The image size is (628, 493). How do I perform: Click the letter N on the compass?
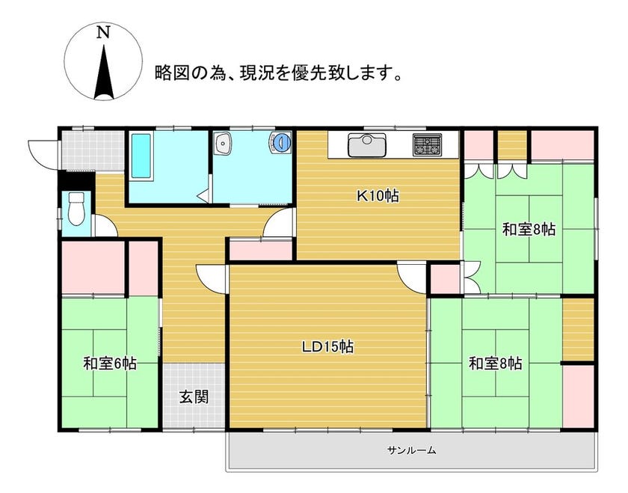[x=103, y=32]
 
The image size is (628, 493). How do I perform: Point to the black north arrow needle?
[x=104, y=72]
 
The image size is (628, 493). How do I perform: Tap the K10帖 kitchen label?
[x=378, y=196]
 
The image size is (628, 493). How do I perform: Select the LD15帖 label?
[x=327, y=346]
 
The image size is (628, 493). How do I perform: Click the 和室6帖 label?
[x=110, y=364]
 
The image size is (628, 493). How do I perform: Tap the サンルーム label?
[x=411, y=450]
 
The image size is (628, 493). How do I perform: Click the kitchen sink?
[x=367, y=145]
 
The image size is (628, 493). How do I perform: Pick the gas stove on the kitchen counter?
[x=427, y=145]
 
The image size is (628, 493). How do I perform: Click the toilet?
[x=76, y=209]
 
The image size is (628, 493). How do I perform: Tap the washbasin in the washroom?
[x=222, y=144]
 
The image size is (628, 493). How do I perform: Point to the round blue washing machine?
[x=282, y=142]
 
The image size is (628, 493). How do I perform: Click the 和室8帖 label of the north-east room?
[x=529, y=230]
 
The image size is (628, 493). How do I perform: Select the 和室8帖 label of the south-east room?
[x=496, y=364]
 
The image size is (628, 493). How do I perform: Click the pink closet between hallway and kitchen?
[x=261, y=251]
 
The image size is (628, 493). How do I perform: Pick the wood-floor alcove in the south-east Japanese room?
[x=578, y=329]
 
